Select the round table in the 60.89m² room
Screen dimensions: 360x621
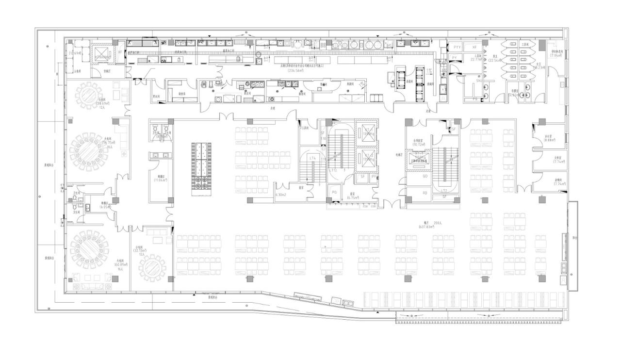coord(89,249)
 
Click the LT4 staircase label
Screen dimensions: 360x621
coord(313,158)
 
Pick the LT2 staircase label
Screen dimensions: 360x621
coord(444,191)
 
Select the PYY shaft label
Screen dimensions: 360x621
coord(457,47)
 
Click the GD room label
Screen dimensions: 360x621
coord(425,176)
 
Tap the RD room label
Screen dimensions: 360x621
coord(425,193)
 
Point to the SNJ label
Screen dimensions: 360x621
coord(479,82)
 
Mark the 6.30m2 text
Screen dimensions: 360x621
coord(281,195)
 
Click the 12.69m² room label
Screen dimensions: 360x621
coord(75,53)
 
